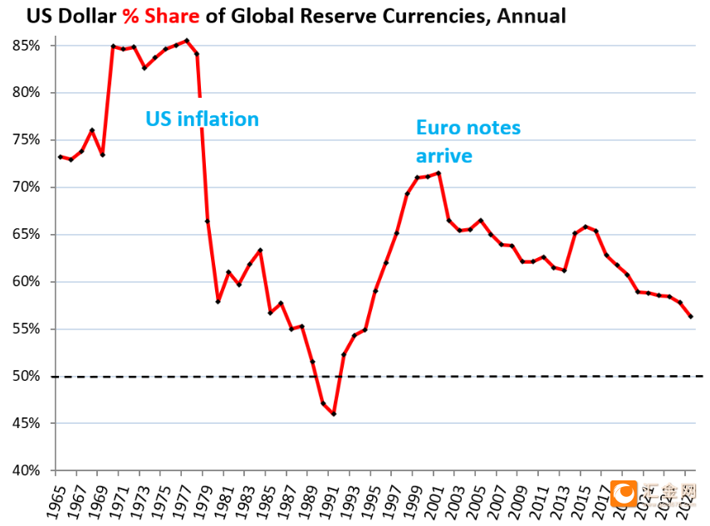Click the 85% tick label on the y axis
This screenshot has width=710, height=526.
coord(27,46)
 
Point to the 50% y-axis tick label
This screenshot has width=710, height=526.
coord(27,377)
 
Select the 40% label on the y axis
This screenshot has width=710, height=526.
coord(27,470)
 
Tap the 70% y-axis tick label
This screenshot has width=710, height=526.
coord(27,188)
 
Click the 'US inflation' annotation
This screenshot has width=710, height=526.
coord(202,119)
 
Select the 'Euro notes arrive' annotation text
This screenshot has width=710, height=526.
coord(468,141)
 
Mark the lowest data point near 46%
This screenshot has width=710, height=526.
coord(334,414)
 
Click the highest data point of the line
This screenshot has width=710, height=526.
coord(186,40)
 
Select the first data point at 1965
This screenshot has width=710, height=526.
coord(60,157)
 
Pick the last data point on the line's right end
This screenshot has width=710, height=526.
coord(691,316)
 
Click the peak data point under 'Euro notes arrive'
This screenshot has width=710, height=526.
coord(438,173)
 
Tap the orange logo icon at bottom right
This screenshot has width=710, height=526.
coord(624,495)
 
